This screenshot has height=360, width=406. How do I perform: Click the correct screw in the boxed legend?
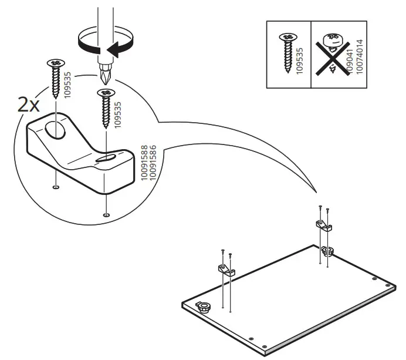[287, 53]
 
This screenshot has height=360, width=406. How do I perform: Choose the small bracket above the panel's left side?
[226, 270]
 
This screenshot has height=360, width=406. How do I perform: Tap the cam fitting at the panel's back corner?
[327, 251]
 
